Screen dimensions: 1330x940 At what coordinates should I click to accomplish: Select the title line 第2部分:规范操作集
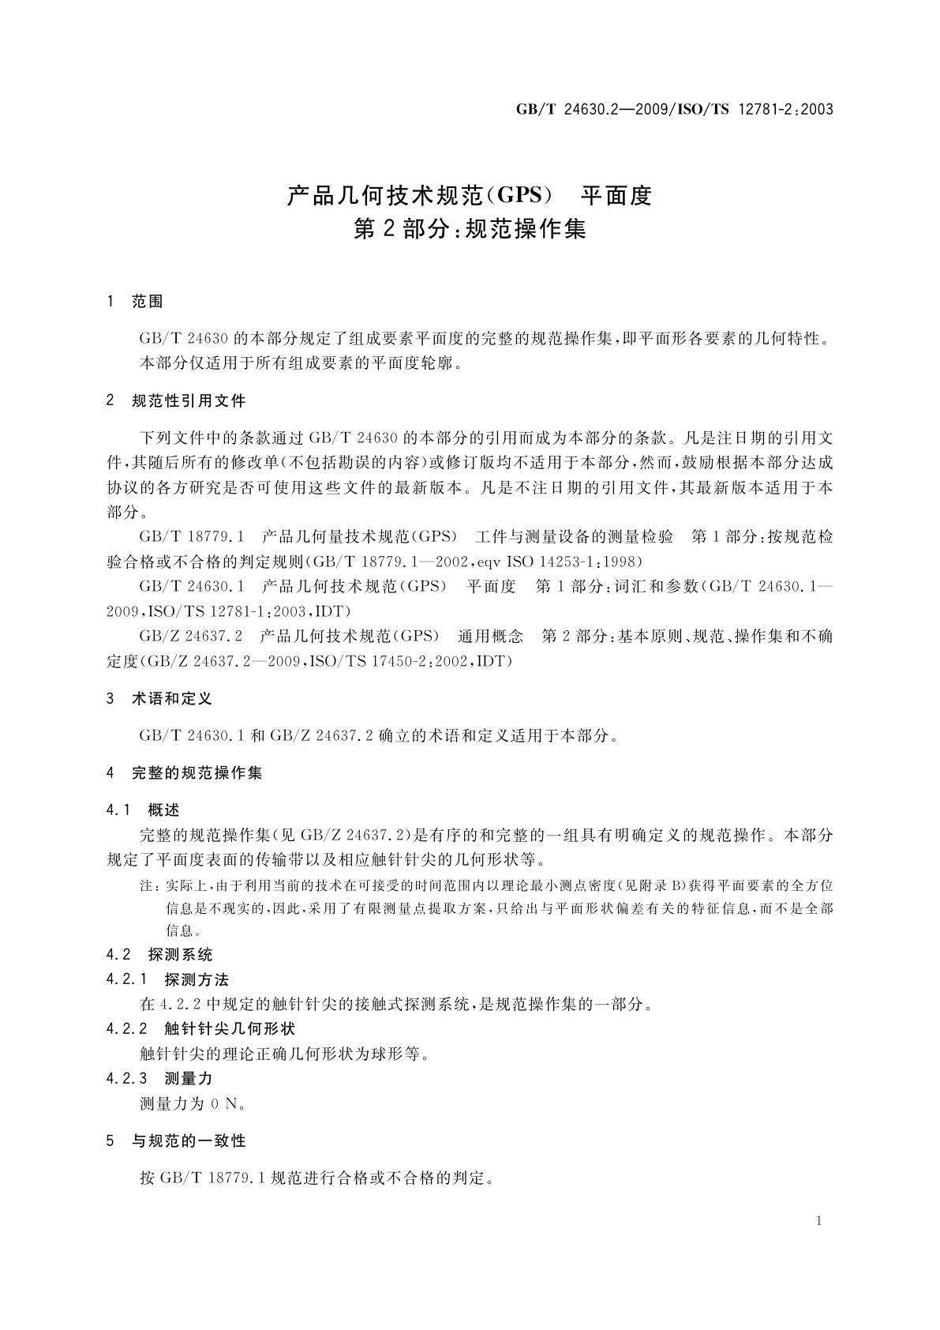pyautogui.click(x=470, y=230)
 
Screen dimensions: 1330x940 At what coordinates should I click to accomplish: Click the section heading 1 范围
pyautogui.click(x=135, y=302)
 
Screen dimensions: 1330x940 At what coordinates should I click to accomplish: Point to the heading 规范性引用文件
pyautogui.click(x=189, y=401)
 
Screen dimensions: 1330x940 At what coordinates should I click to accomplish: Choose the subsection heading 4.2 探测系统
pyautogui.click(x=159, y=955)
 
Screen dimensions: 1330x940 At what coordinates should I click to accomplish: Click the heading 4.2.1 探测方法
pyautogui.click(x=167, y=980)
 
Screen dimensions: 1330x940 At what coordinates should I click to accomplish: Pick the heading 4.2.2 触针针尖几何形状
pyautogui.click(x=200, y=1029)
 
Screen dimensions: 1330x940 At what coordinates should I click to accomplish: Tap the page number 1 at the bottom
pyautogui.click(x=819, y=1221)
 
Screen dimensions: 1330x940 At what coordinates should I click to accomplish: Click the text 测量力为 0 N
pyautogui.click(x=193, y=1103)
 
